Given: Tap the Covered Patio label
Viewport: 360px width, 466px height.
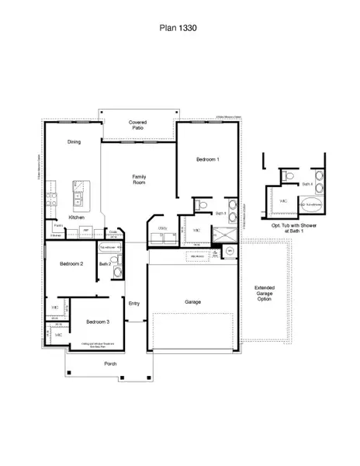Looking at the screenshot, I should pyautogui.click(x=138, y=126).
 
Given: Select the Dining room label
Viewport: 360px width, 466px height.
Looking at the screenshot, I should pyautogui.click(x=74, y=142).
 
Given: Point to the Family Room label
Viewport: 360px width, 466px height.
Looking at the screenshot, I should pyautogui.click(x=140, y=180).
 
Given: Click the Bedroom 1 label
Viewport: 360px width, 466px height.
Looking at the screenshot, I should pyautogui.click(x=207, y=159).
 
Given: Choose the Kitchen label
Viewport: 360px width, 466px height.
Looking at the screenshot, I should pyautogui.click(x=76, y=217).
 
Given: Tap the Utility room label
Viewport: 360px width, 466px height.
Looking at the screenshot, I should pyautogui.click(x=163, y=228).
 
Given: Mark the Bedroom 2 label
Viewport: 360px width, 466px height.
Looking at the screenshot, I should pyautogui.click(x=71, y=264).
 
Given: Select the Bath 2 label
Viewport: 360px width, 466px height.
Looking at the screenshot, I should pyautogui.click(x=106, y=264).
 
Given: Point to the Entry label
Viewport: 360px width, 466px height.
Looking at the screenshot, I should pyautogui.click(x=134, y=303).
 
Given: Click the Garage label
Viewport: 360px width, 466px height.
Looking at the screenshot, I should pyautogui.click(x=193, y=301).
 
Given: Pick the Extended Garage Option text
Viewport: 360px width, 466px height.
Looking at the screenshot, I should pyautogui.click(x=265, y=293).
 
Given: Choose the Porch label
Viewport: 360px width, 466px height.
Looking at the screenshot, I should pyautogui.click(x=99, y=363).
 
